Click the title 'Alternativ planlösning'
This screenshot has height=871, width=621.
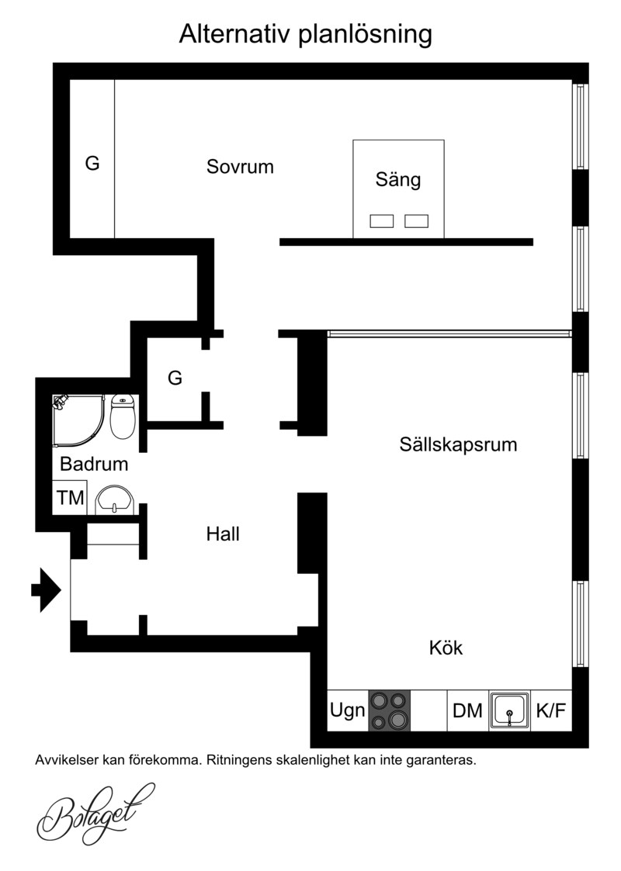click(x=305, y=34)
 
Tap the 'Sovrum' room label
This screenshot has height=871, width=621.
click(x=240, y=167)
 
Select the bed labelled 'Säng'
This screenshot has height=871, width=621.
click(x=399, y=189)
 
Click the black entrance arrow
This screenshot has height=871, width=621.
click(x=46, y=589)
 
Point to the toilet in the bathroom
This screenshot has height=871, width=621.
click(x=123, y=416)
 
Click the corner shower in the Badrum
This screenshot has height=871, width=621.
click(x=78, y=421)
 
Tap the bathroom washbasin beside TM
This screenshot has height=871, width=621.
click(x=114, y=499)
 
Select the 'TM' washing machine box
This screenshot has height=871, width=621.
click(x=70, y=498)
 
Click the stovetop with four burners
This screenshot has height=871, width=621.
click(x=389, y=710)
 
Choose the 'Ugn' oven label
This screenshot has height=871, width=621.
click(x=348, y=710)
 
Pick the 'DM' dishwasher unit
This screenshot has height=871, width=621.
click(x=468, y=710)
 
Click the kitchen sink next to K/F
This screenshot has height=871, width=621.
click(x=510, y=710)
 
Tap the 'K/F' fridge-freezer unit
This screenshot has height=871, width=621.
click(x=551, y=710)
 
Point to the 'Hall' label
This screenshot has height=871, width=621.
click(x=223, y=534)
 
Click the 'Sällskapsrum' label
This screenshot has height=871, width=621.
click(x=458, y=444)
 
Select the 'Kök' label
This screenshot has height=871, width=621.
click(x=446, y=648)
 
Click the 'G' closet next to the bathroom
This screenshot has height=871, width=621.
click(x=175, y=378)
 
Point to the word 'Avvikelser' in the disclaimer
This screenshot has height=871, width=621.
click(x=66, y=760)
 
